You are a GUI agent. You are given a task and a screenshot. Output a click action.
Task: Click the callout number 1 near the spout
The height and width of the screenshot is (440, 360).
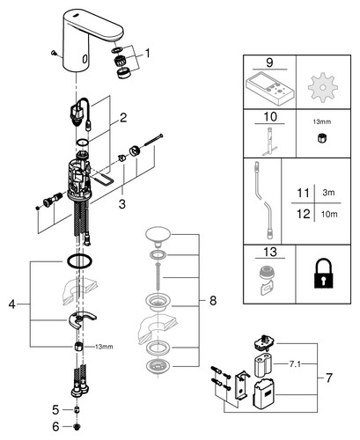(x=147, y=54)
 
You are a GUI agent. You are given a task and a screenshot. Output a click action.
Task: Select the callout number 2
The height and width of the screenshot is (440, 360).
(x=123, y=118)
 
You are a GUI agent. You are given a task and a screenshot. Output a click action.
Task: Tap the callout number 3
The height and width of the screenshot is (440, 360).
(x=122, y=203)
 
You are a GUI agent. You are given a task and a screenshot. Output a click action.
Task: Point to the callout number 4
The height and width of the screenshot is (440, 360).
(x=11, y=304)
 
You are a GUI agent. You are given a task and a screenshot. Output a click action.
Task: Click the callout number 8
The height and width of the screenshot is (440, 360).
(x=213, y=300)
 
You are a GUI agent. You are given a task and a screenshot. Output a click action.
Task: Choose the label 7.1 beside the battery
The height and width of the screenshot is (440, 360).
(x=295, y=364)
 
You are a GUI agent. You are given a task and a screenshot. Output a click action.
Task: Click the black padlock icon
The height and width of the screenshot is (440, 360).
(x=323, y=273)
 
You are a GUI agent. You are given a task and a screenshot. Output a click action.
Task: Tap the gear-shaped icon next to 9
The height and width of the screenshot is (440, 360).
(x=322, y=87)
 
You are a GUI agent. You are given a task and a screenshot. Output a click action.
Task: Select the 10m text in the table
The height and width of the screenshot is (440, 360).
(x=329, y=215)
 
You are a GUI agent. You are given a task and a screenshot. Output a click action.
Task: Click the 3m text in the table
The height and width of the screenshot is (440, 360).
(x=328, y=193)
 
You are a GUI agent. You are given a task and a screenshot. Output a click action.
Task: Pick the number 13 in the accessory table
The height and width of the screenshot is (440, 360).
(x=270, y=252)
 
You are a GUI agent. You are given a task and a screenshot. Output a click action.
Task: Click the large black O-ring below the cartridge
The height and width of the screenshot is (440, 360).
(x=79, y=261)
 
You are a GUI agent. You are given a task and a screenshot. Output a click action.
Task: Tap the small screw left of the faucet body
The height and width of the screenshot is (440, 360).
(x=54, y=53)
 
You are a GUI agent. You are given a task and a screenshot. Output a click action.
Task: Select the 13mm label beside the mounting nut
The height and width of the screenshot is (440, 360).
(x=104, y=347)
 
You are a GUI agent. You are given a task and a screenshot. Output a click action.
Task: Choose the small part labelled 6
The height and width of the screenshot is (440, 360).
(x=77, y=427)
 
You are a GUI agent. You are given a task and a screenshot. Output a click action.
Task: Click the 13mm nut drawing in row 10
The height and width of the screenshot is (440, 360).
(x=322, y=137)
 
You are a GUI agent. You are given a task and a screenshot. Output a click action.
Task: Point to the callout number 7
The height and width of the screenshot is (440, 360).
(x=329, y=378)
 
